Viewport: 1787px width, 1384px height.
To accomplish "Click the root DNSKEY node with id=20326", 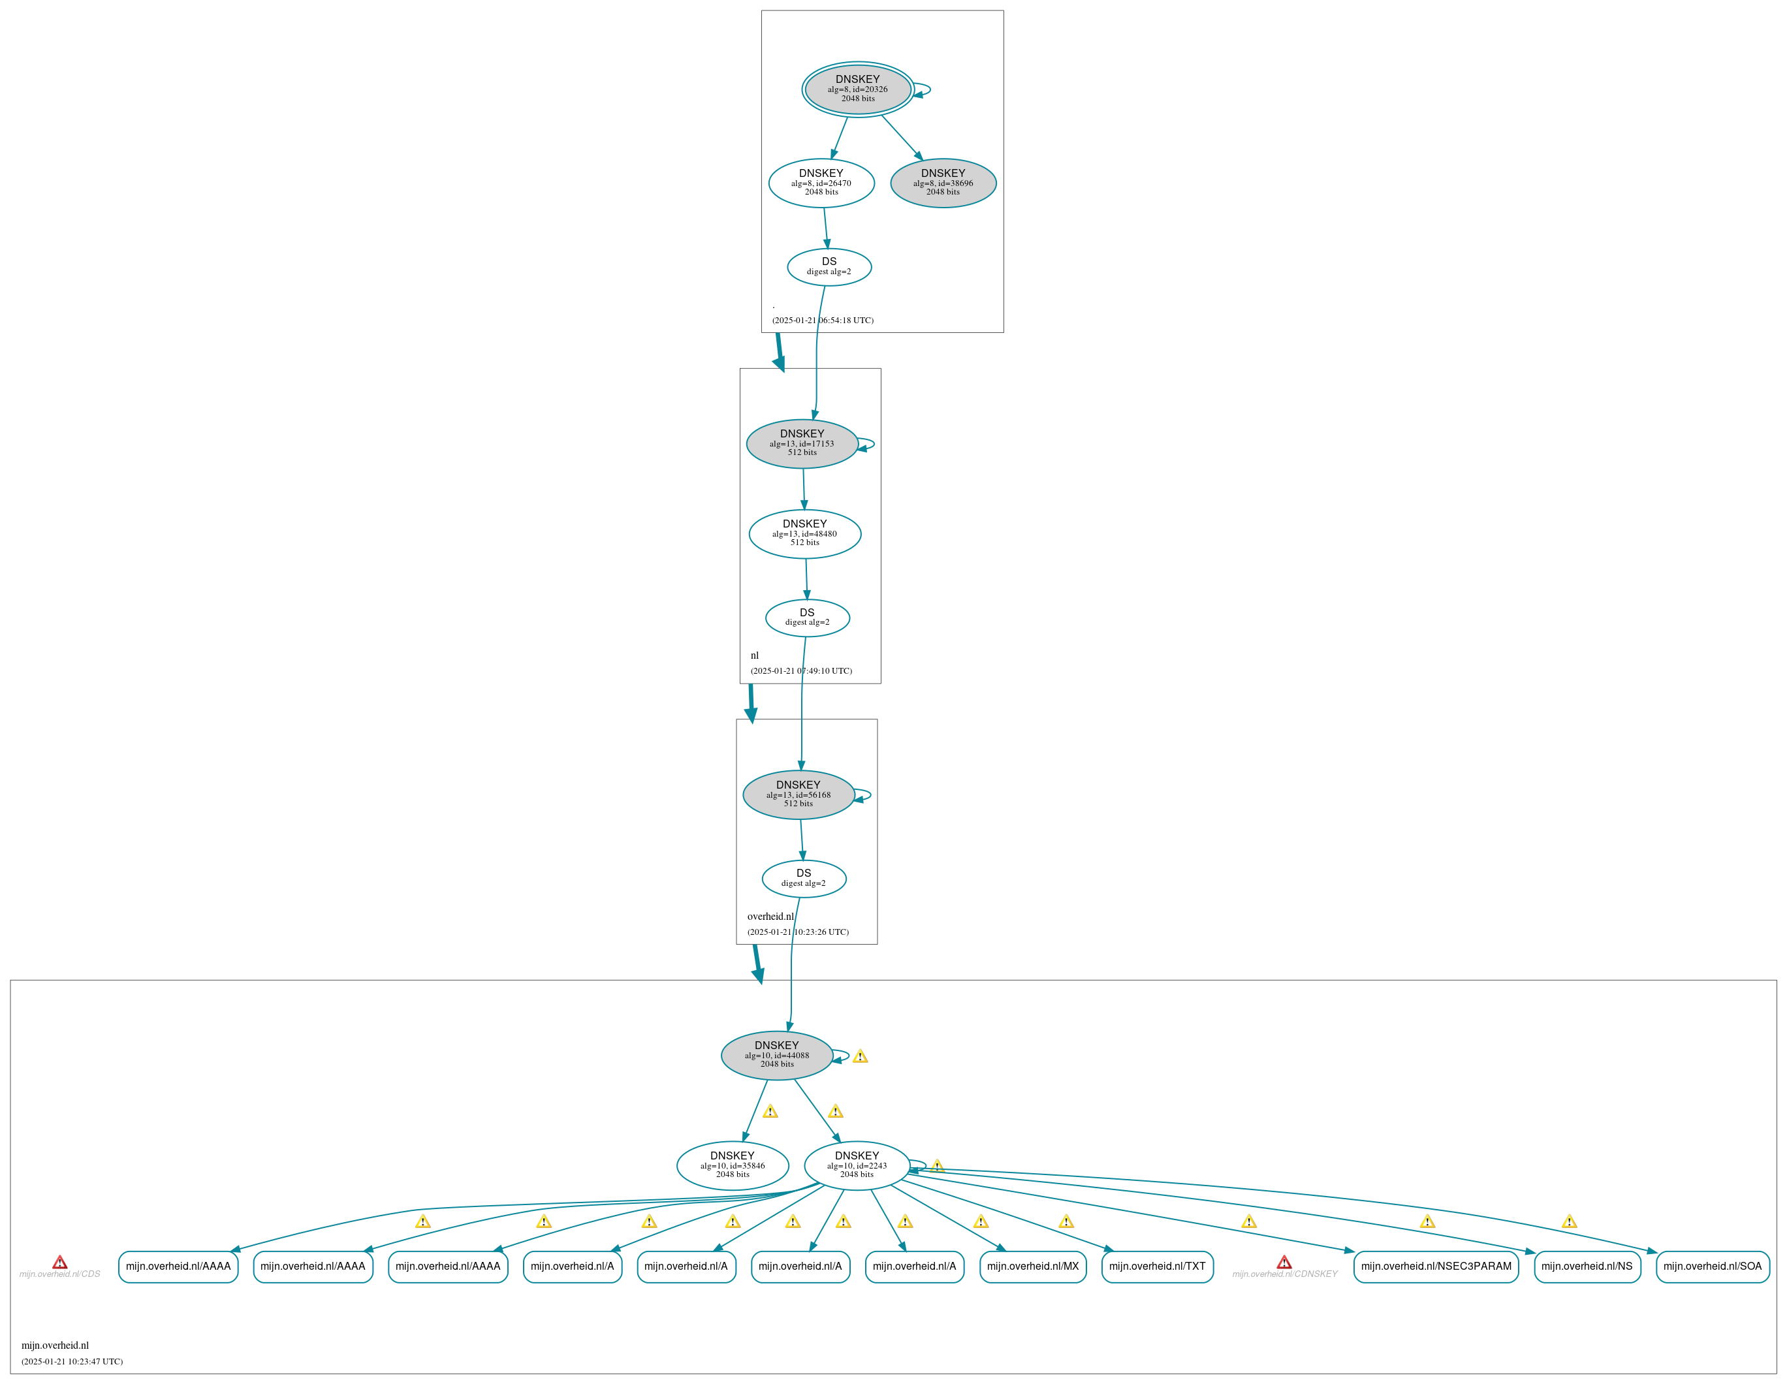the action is (x=857, y=89).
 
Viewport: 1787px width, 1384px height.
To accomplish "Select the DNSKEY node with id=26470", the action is (x=821, y=182).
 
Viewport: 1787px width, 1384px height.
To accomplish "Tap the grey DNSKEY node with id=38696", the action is (x=943, y=182).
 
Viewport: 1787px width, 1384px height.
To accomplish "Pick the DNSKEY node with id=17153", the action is (x=802, y=443).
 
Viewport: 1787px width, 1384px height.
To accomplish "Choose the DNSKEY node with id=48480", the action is (x=805, y=533).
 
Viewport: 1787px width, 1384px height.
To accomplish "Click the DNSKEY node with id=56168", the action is (x=799, y=794).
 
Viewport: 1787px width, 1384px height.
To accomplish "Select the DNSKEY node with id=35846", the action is (x=733, y=1165).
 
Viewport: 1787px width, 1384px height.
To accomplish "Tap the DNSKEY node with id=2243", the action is (x=857, y=1165).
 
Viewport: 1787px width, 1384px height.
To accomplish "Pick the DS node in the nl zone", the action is (x=808, y=618).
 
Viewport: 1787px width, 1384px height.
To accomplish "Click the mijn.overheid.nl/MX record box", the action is (x=1033, y=1266).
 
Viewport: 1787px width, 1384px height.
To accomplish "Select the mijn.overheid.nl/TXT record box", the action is (x=1157, y=1266).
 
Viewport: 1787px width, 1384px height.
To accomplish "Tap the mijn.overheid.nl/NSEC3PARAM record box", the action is (x=1436, y=1266).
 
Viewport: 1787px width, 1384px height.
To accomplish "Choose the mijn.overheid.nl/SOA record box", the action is (x=1713, y=1266).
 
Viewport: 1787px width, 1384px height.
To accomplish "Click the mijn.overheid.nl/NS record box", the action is (x=1587, y=1266).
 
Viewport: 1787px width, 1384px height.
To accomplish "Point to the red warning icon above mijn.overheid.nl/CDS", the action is (x=59, y=1262).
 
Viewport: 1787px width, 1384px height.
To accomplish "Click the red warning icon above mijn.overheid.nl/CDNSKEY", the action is (x=1285, y=1262).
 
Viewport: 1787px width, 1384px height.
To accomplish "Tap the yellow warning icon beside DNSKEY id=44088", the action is (x=860, y=1056).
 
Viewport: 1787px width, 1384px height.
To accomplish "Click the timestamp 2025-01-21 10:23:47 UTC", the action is (x=72, y=1361).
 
